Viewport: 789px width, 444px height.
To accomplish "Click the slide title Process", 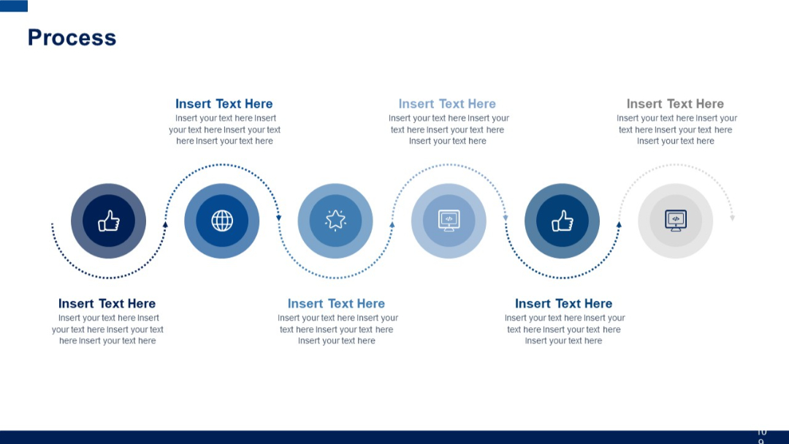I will click(72, 38).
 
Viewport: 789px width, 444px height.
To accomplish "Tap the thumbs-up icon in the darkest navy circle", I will click(108, 221).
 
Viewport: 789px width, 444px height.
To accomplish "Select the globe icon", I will click(222, 221).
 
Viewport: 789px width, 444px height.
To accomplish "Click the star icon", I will click(335, 220).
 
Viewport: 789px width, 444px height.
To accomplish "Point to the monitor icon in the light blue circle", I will click(449, 221).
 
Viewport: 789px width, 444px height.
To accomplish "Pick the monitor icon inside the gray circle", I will click(676, 221).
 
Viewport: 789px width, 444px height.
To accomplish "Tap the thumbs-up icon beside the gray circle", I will click(562, 221).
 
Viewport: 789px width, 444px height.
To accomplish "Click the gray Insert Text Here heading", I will click(675, 104).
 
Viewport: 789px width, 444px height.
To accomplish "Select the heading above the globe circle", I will click(224, 104).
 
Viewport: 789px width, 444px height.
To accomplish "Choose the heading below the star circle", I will click(336, 304).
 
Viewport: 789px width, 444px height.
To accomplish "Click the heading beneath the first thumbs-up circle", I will click(107, 304).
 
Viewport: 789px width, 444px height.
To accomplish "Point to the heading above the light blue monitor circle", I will click(447, 104).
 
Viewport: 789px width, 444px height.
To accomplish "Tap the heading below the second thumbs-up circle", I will click(563, 304).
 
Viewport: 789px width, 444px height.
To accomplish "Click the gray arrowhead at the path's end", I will click(732, 218).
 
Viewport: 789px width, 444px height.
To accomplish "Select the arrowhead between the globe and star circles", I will click(278, 218).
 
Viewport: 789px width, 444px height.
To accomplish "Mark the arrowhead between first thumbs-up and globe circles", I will click(165, 224).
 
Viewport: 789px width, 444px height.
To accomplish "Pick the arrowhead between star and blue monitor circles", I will click(392, 224).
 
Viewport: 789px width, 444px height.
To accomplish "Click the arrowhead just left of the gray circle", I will click(619, 224).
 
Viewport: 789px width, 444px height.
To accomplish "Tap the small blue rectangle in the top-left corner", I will click(14, 6).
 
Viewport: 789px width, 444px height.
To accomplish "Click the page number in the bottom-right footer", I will click(761, 436).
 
